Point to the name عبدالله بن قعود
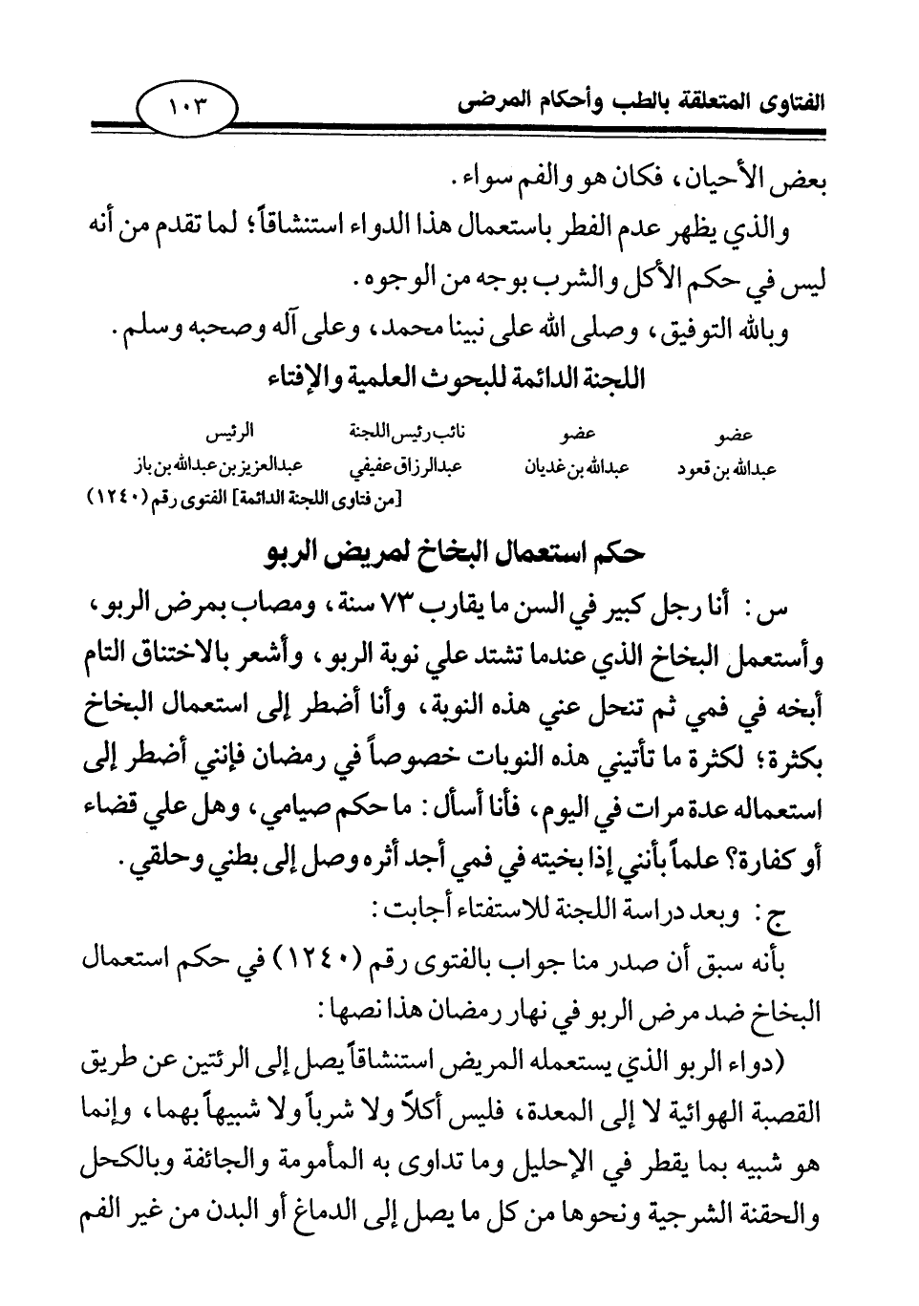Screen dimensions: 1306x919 pyautogui.click(x=727, y=468)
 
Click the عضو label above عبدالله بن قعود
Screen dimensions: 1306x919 pyautogui.click(x=733, y=436)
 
